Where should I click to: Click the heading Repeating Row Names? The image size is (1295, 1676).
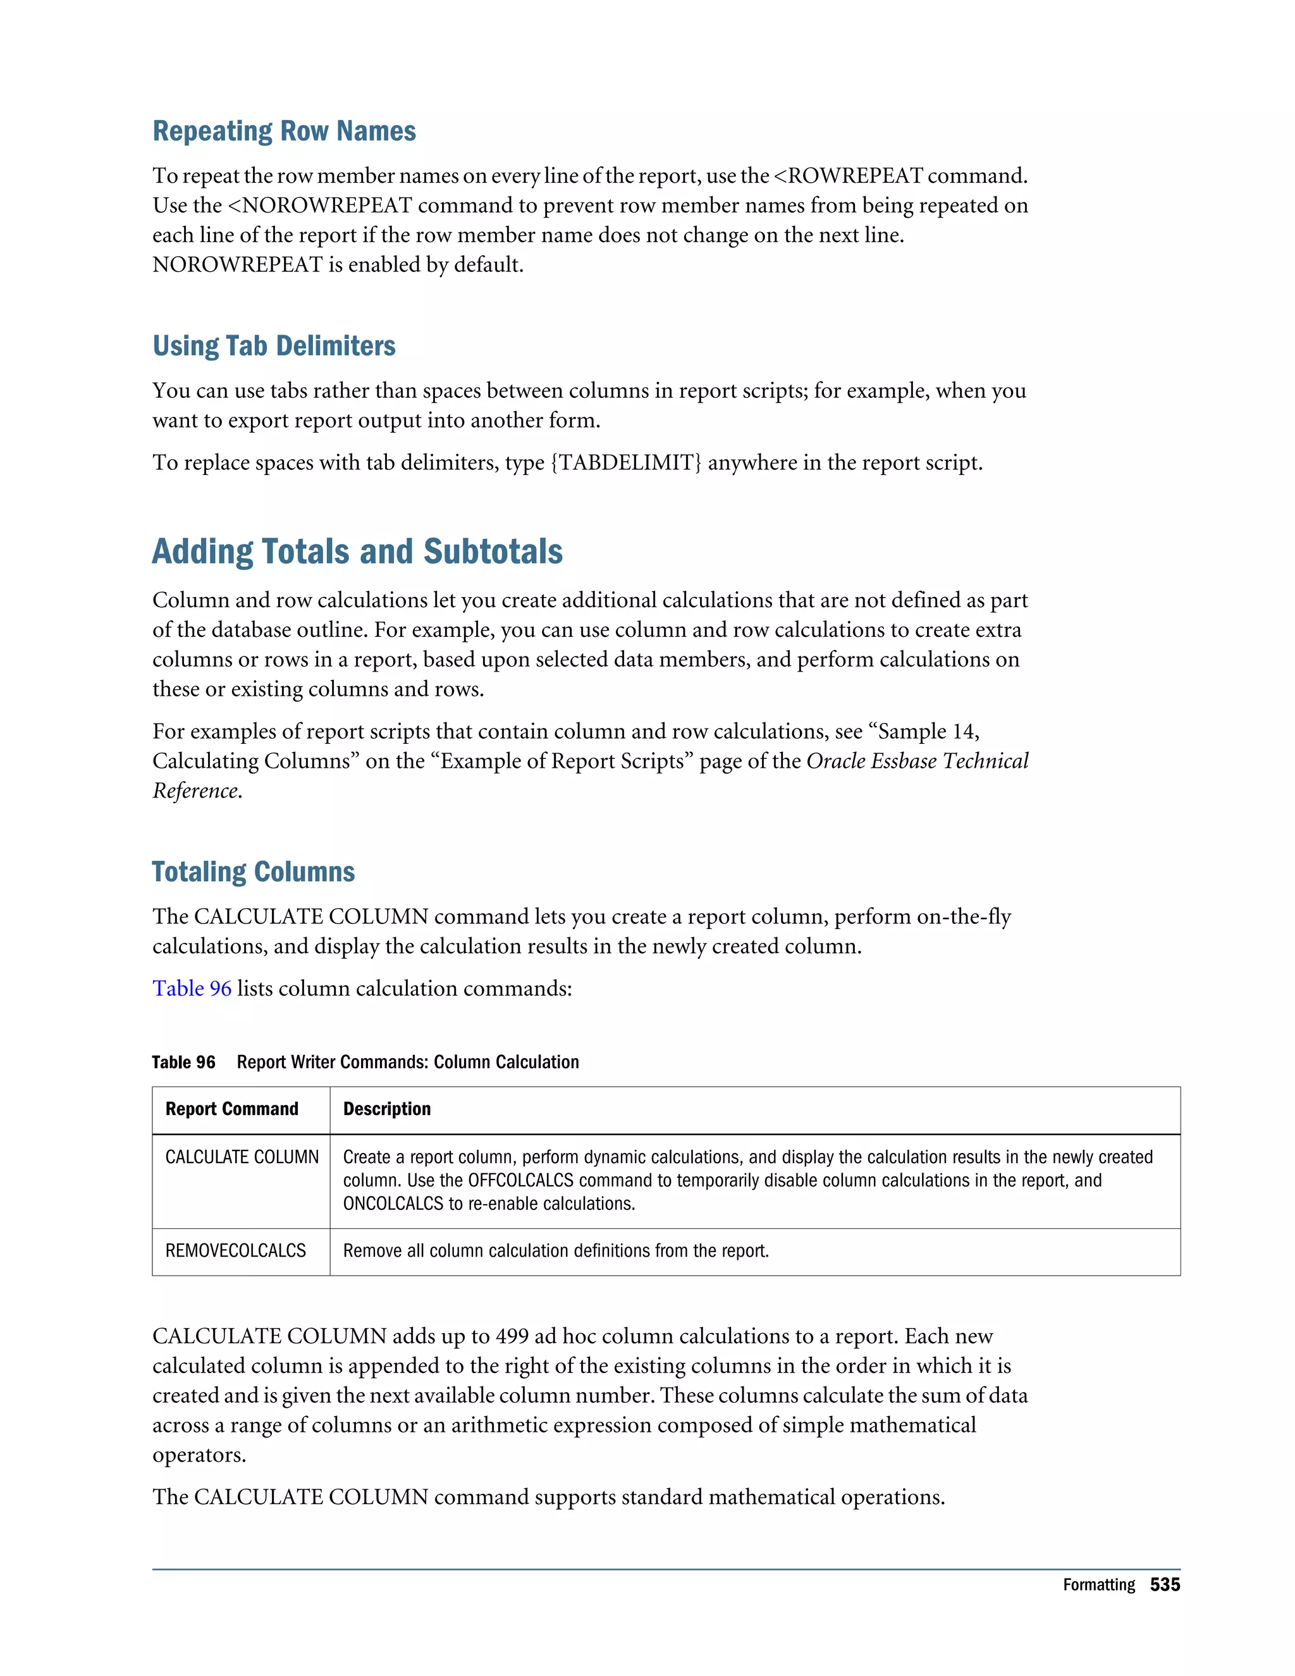tap(284, 131)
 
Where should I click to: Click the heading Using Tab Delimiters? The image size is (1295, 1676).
tap(274, 346)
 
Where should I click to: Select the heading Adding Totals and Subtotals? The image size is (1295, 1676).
tap(357, 551)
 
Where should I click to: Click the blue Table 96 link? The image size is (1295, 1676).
tap(192, 989)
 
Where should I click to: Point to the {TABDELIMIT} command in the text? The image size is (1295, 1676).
tap(626, 463)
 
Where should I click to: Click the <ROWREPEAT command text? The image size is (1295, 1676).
tap(848, 176)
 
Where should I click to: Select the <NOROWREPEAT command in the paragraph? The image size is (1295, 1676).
tap(320, 206)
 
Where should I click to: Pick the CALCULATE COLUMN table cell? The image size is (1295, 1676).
tap(242, 1157)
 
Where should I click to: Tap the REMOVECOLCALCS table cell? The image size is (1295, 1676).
tap(235, 1251)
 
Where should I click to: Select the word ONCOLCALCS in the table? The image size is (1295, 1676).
tap(393, 1204)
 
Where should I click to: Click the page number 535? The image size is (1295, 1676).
tap(1165, 1585)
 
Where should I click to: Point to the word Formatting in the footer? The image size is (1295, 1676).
tap(1098, 1585)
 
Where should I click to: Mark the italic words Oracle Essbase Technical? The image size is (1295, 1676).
tap(918, 761)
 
